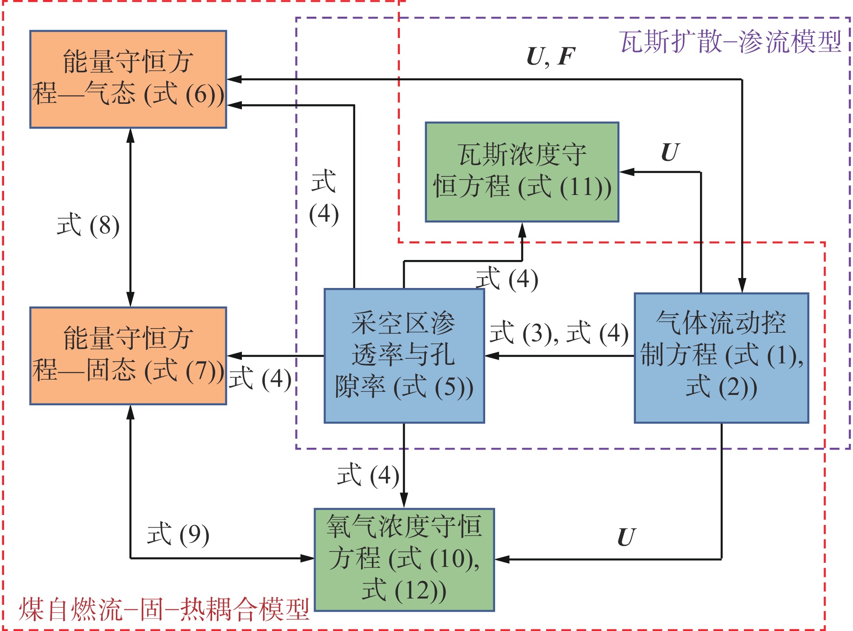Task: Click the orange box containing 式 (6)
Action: tap(128, 79)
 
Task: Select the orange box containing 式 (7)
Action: tap(128, 356)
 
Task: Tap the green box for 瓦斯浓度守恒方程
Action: tap(522, 172)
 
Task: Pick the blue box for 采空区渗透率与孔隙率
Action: tap(404, 356)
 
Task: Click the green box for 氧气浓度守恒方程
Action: tap(404, 560)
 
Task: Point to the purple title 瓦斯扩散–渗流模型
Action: tap(730, 42)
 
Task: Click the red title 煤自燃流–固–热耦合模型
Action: tap(163, 609)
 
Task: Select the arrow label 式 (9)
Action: tap(178, 534)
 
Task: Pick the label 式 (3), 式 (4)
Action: tap(559, 333)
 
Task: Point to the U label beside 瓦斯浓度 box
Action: tap(670, 153)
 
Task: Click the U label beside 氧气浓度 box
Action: tap(626, 537)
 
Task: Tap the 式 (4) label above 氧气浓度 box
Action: tap(368, 475)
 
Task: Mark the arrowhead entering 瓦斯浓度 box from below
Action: tap(522, 230)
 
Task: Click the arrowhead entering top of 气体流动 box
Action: tap(742, 286)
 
